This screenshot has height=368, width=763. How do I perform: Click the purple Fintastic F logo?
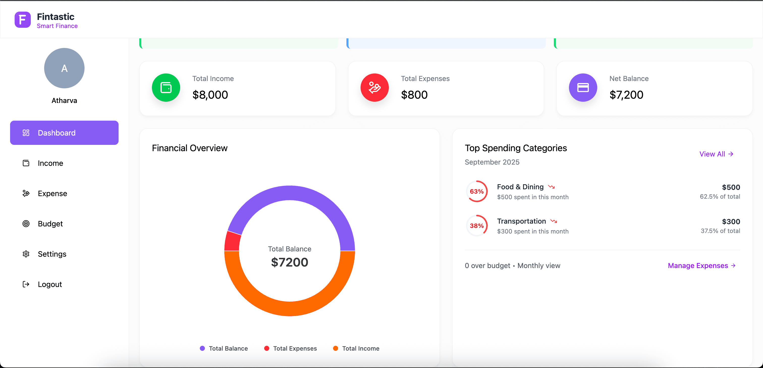pyautogui.click(x=22, y=20)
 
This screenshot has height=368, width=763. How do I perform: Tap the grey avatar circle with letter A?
pyautogui.click(x=64, y=68)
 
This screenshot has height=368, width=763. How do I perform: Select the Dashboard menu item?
pyautogui.click(x=64, y=133)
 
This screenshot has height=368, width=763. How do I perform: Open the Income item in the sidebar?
pyautogui.click(x=50, y=163)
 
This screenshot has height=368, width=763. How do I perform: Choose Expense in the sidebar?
pyautogui.click(x=52, y=194)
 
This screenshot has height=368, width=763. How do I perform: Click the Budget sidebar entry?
pyautogui.click(x=50, y=224)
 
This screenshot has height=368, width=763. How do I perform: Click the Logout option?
pyautogui.click(x=49, y=284)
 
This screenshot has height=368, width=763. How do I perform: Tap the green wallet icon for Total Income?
pyautogui.click(x=166, y=88)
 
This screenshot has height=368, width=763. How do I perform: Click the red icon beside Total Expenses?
pyautogui.click(x=374, y=88)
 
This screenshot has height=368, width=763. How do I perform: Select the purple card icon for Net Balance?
pyautogui.click(x=583, y=88)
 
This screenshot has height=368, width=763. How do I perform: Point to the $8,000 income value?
pyautogui.click(x=210, y=95)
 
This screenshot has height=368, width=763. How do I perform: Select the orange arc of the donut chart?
pyautogui.click(x=290, y=308)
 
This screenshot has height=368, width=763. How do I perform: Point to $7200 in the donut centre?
pyautogui.click(x=289, y=262)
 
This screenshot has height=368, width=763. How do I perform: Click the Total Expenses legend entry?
pyautogui.click(x=290, y=349)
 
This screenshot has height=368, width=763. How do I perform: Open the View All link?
pyautogui.click(x=716, y=154)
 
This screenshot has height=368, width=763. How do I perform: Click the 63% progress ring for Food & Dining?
pyautogui.click(x=477, y=191)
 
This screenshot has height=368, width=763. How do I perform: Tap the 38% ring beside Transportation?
pyautogui.click(x=477, y=226)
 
